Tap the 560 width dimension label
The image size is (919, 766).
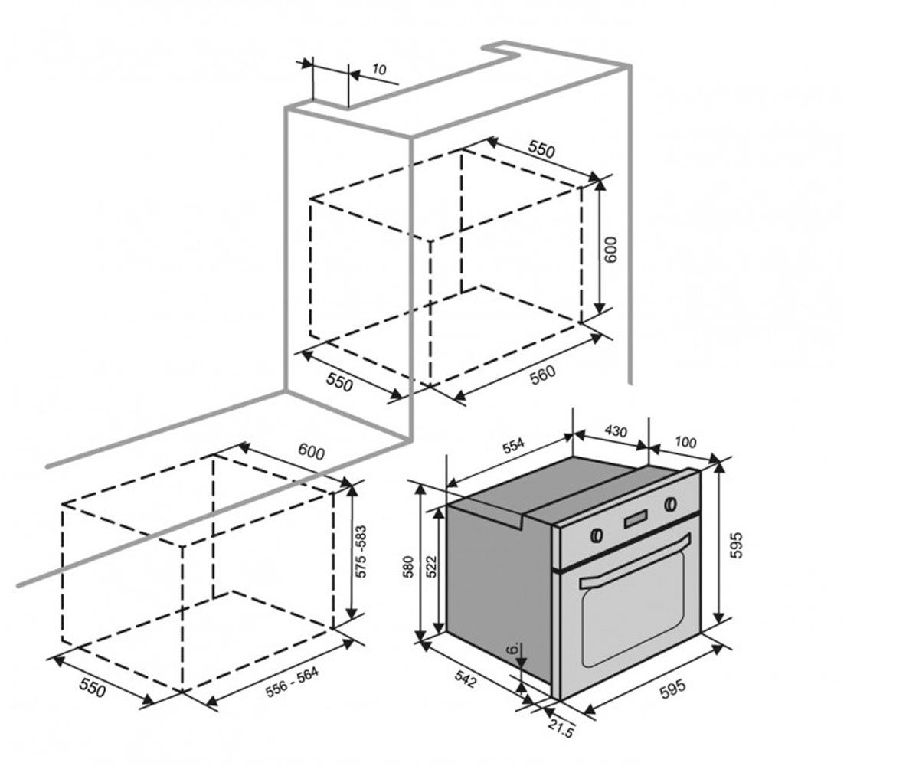pos(542,375)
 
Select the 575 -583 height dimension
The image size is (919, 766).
pos(361,552)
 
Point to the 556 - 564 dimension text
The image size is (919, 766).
pos(292,683)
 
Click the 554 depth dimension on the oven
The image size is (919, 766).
pos(513,446)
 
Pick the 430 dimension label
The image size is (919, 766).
pos(615,431)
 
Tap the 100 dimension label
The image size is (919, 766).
pos(685,441)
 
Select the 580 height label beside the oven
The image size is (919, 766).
pos(409,567)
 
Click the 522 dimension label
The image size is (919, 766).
pos(432,567)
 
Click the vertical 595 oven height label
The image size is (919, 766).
pos(736,545)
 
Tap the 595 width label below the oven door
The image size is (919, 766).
pos(673,689)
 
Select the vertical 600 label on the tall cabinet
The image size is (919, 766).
pos(611,250)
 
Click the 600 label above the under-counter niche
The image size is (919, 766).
pos(311,451)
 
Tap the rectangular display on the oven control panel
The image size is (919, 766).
pos(635,519)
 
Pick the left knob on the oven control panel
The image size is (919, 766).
pos(597,535)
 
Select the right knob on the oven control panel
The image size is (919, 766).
pos(671,503)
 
